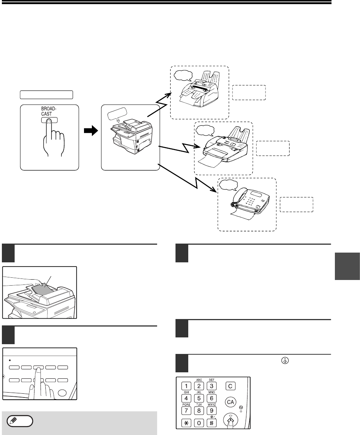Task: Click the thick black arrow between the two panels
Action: coord(90,132)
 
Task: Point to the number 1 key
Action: coord(186,385)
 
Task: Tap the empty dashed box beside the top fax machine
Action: coord(249,92)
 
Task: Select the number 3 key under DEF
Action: coord(211,385)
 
